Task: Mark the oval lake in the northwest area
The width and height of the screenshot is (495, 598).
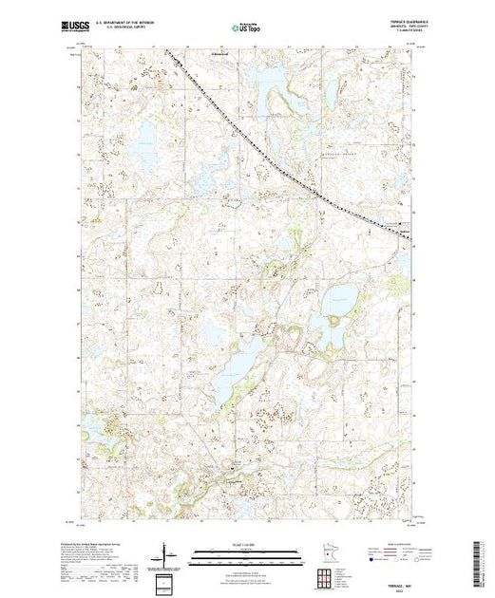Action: point(148,142)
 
